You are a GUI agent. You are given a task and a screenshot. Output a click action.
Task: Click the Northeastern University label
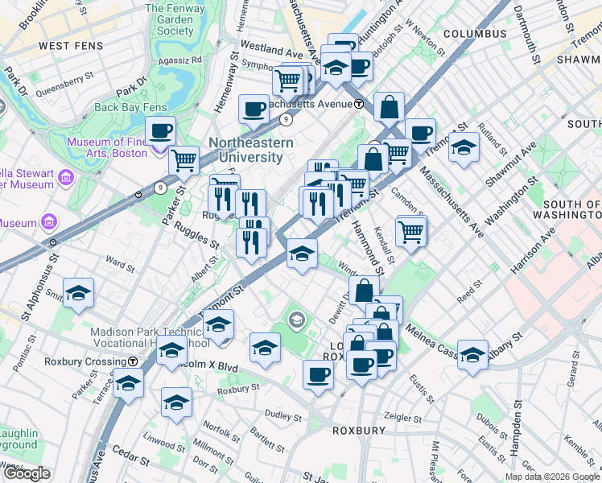pos(251,150)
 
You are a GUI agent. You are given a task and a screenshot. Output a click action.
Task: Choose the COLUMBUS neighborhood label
pos(475,34)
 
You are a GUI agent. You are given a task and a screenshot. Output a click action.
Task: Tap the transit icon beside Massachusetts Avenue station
pos(359,104)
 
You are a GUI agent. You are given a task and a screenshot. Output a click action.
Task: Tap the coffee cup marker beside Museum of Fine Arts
pos(160,130)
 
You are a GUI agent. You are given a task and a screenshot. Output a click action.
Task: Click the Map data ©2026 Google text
pos(551,477)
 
